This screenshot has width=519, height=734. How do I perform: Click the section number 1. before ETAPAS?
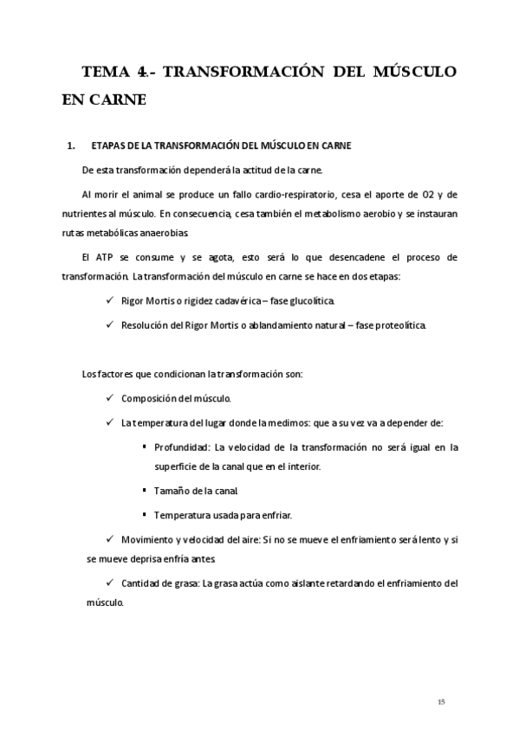pyautogui.click(x=72, y=145)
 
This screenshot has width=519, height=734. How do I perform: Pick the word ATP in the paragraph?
pyautogui.click(x=107, y=258)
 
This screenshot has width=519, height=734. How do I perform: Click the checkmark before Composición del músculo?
pyautogui.click(x=107, y=398)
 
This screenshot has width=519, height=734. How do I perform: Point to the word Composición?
pyautogui.click(x=147, y=398)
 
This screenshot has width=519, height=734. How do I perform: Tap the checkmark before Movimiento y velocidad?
pyautogui.click(x=107, y=539)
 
